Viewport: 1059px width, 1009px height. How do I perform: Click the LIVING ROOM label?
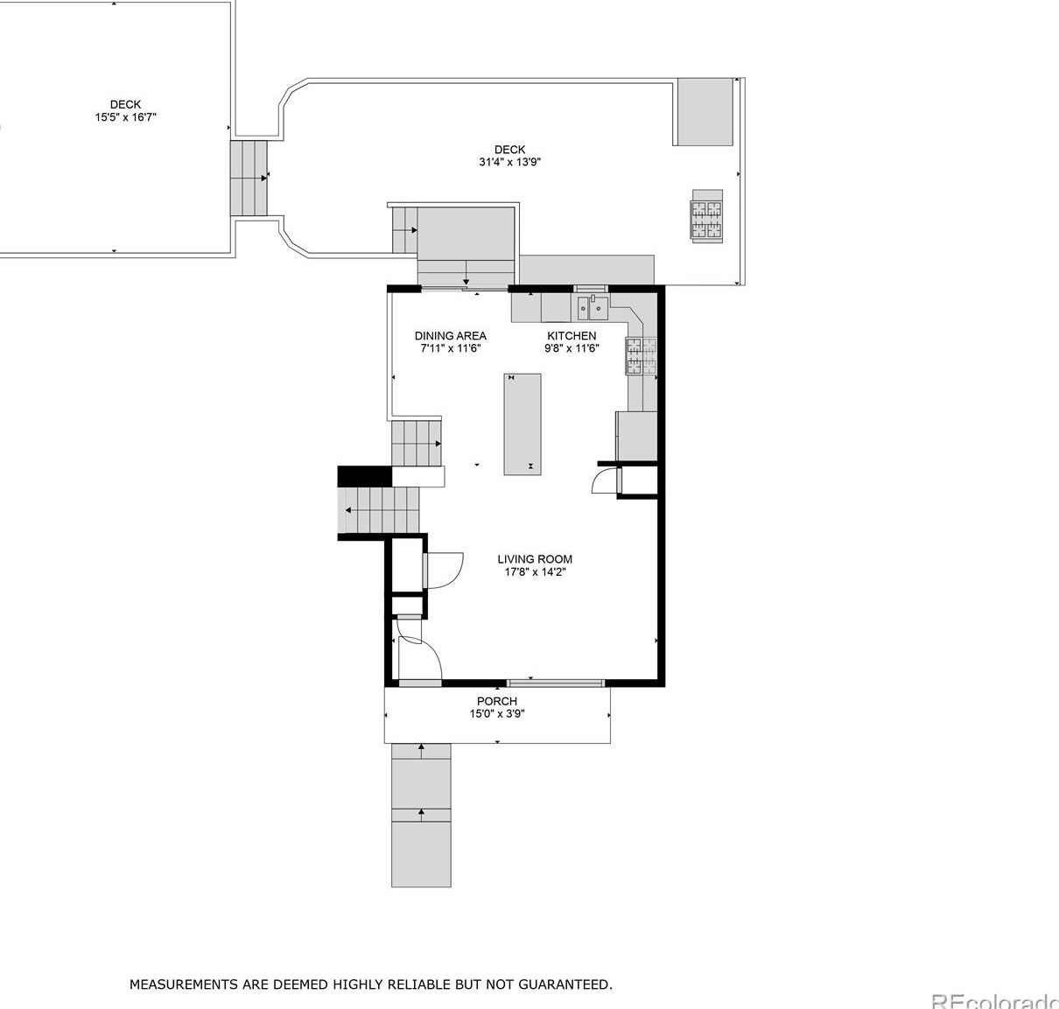[535, 559]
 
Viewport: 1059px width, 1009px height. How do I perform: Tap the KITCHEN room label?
[572, 336]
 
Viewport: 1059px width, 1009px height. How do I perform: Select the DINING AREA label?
[451, 336]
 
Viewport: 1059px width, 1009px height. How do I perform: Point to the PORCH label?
[496, 701]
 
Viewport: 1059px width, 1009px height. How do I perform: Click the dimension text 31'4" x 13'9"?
[509, 162]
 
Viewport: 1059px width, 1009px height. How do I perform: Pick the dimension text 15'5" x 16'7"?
[125, 117]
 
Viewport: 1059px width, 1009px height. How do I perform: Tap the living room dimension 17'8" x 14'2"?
[535, 571]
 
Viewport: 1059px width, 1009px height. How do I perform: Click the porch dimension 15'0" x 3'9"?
[496, 714]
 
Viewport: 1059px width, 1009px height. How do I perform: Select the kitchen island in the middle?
[522, 424]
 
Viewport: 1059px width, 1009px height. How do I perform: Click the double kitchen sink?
[593, 308]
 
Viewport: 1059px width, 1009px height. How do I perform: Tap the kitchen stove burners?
[641, 356]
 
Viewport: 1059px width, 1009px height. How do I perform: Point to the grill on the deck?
[706, 216]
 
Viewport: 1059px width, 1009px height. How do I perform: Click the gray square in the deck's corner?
[705, 111]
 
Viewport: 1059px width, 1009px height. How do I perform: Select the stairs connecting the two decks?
[249, 178]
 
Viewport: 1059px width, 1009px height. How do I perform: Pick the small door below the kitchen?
[602, 481]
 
